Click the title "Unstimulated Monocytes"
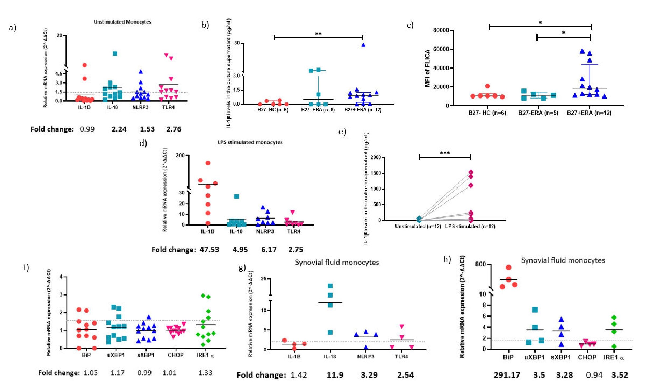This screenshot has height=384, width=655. coord(122,22)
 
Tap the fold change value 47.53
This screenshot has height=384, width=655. coord(209,250)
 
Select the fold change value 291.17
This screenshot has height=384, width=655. coord(507,375)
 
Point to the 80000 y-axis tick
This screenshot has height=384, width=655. coord(441,30)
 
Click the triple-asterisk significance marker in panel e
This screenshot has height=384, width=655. coord(445,153)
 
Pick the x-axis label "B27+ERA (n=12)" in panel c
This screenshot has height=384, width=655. coord(589,113)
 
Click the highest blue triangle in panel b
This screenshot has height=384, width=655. coord(363,45)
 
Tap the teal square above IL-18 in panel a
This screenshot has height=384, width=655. coord(115,54)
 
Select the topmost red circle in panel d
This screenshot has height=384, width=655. coord(208,163)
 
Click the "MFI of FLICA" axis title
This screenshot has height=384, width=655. coord(427,68)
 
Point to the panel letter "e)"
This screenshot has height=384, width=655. coord(342,132)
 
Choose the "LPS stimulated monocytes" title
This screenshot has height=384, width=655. coord(250,142)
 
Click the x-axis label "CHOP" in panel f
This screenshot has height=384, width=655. coord(176,355)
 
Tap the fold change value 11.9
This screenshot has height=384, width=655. coord(335,375)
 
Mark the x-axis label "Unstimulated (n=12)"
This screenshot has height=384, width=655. coord(418,226)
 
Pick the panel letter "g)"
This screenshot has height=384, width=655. coord(242,268)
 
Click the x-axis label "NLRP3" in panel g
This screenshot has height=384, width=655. coord(366,357)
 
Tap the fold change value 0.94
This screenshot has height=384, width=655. coord(594,375)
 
